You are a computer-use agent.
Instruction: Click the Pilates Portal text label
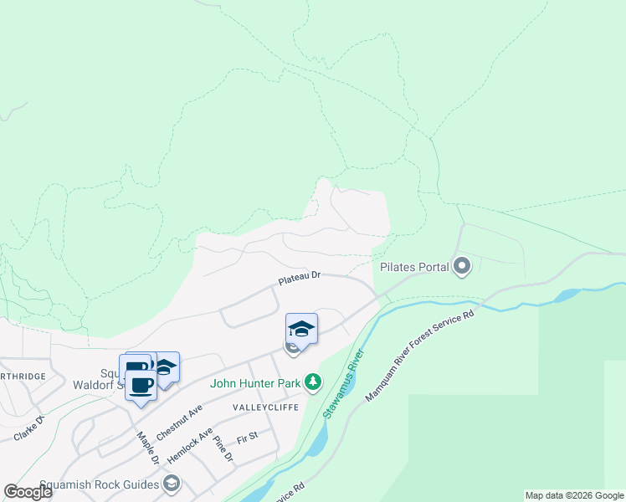point(414,268)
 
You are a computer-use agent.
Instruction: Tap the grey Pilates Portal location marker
point(462,268)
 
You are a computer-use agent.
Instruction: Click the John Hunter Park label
point(255,383)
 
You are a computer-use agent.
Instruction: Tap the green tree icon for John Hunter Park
point(313,382)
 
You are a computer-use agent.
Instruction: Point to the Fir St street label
point(248,437)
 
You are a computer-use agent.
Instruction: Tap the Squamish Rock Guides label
point(108,484)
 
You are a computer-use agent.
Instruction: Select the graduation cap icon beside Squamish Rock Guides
point(172,484)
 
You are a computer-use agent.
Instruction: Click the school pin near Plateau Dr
point(301,329)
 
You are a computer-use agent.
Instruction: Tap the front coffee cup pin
point(141,386)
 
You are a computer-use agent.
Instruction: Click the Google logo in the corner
point(28,492)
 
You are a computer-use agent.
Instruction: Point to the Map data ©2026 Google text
point(574,495)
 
